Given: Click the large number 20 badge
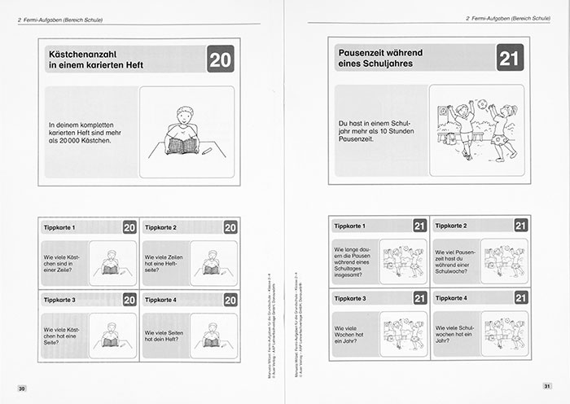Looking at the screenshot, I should pyautogui.click(x=220, y=59).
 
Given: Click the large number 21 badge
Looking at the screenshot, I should pyautogui.click(x=509, y=58).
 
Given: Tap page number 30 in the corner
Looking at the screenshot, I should pyautogui.click(x=22, y=389).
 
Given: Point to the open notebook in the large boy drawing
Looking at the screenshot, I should pyautogui.click(x=182, y=146).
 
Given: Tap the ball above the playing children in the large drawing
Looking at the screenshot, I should pyautogui.click(x=481, y=103).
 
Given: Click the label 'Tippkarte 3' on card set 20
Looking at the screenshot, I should pyautogui.click(x=59, y=300).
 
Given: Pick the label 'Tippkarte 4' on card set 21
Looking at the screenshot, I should pyautogui.click(x=454, y=298).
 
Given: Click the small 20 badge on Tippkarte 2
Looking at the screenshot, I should pyautogui.click(x=230, y=228).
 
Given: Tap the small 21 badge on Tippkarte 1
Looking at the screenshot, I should pyautogui.click(x=420, y=226).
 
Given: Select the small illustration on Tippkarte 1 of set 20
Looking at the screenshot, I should pyautogui.click(x=111, y=262).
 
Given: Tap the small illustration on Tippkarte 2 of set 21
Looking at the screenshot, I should pyautogui.click(x=505, y=261).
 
